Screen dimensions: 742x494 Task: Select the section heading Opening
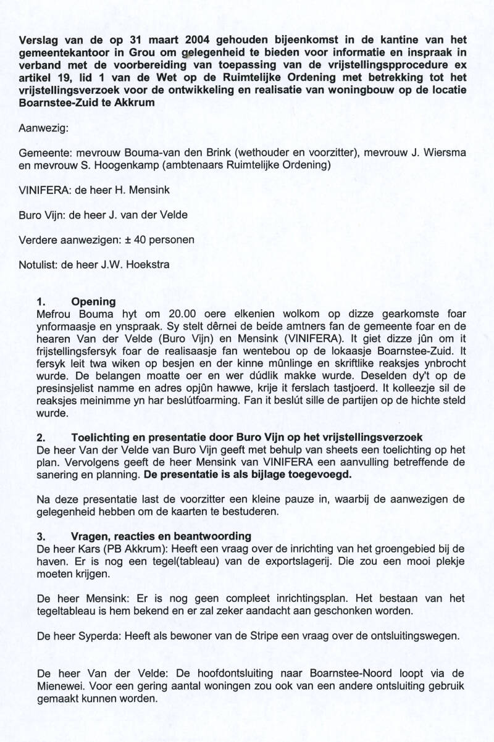93,302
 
